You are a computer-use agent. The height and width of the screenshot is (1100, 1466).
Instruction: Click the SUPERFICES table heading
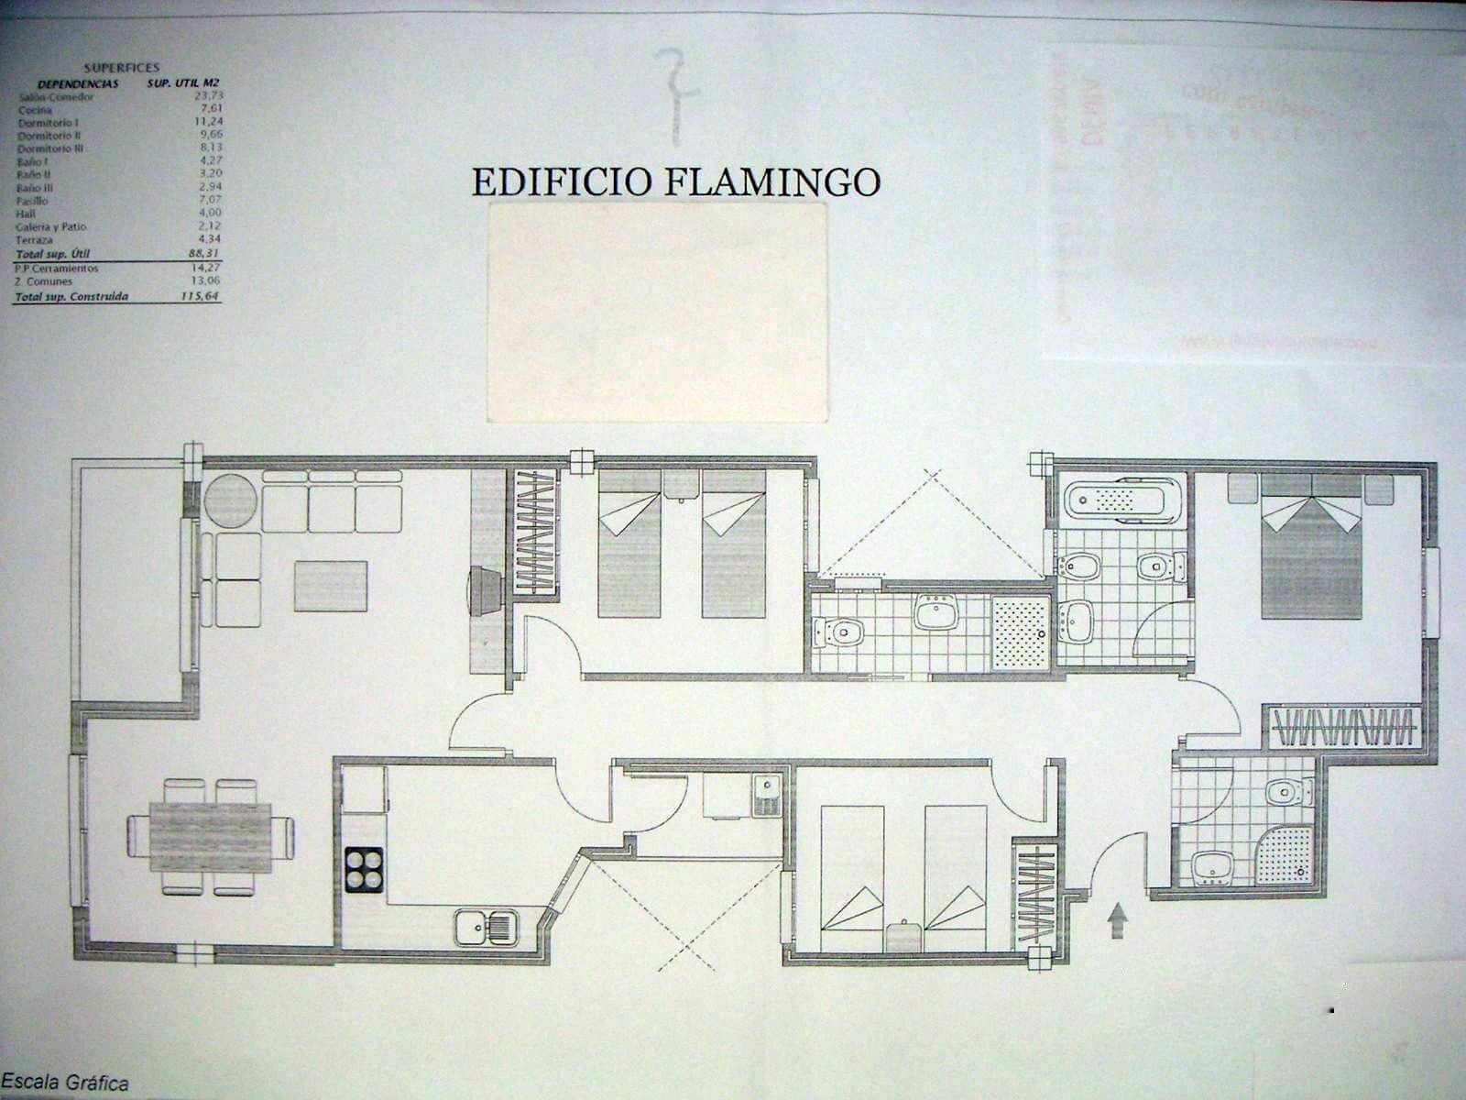[121, 68]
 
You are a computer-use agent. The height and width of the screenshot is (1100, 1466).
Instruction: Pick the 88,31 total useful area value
[202, 253]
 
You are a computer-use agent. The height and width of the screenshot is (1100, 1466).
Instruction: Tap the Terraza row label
[35, 240]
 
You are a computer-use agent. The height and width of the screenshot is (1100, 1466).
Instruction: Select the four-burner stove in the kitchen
[364, 869]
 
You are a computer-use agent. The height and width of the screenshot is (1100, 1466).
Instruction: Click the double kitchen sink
[487, 927]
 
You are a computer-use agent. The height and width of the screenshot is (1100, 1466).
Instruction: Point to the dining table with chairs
[211, 836]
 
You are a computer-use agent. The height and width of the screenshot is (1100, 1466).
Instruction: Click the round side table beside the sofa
[230, 501]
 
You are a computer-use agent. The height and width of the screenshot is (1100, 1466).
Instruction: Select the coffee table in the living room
[331, 586]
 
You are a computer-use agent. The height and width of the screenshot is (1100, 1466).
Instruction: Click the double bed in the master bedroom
[1311, 550]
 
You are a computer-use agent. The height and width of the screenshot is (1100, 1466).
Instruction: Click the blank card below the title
[657, 313]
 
